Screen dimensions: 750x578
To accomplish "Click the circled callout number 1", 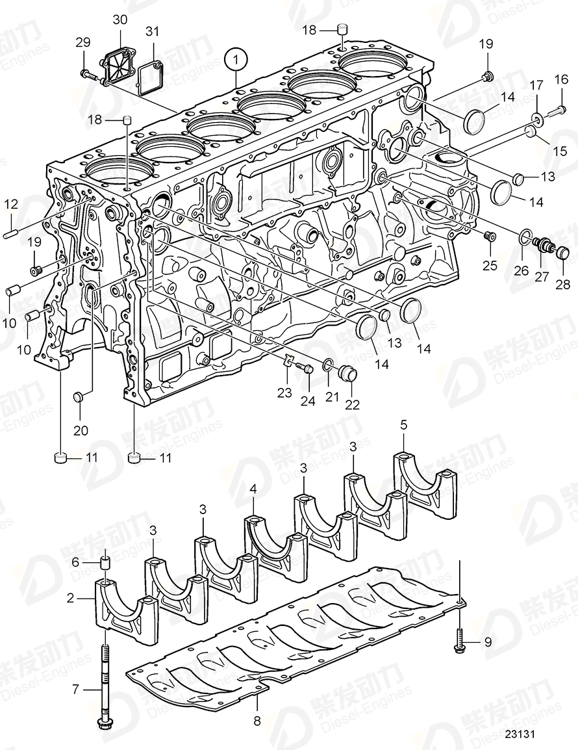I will click(236, 60).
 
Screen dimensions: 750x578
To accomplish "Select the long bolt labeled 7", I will click(104, 682).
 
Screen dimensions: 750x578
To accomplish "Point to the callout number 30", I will click(119, 20).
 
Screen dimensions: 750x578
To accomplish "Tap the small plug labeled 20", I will click(78, 396).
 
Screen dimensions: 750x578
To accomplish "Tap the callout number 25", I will click(490, 266).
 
